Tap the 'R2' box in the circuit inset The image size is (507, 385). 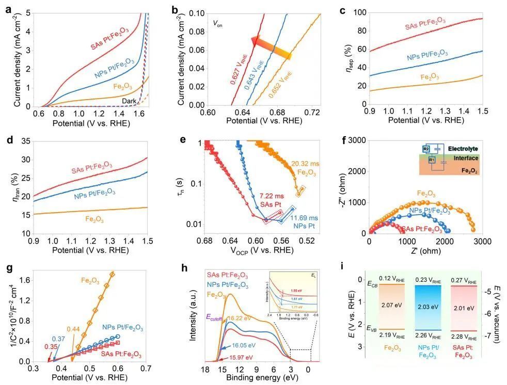(x=425, y=149)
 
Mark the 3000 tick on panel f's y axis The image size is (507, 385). (x=356, y=140)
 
